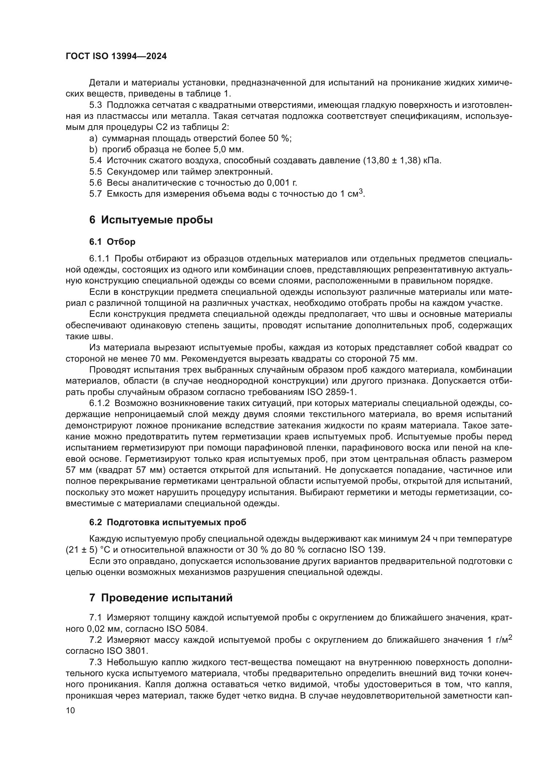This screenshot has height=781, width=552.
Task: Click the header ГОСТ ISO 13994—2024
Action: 116,56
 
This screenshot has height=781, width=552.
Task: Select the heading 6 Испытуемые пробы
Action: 151,220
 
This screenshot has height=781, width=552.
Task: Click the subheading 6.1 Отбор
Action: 112,242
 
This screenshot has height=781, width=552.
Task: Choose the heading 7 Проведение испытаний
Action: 161,598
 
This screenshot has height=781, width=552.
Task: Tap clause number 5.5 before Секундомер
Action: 95,171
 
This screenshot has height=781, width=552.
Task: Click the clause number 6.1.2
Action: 99,403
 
